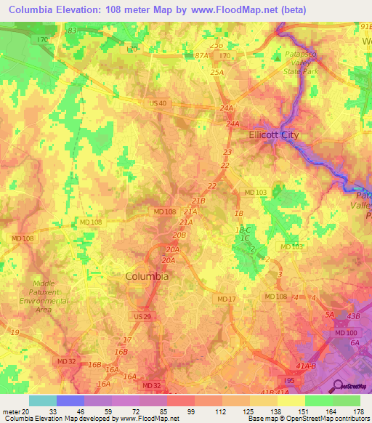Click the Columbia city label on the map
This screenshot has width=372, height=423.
click(147, 276)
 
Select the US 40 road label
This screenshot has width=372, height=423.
click(158, 104)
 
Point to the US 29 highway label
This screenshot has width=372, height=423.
click(143, 318)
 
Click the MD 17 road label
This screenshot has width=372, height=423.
click(227, 299)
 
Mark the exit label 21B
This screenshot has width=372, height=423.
click(198, 201)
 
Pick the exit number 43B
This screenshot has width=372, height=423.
click(353, 315)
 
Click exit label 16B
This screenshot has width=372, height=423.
click(94, 364)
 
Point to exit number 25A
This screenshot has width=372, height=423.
click(217, 73)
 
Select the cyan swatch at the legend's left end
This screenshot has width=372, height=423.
click(42, 400)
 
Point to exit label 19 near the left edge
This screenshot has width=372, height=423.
click(15, 331)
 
